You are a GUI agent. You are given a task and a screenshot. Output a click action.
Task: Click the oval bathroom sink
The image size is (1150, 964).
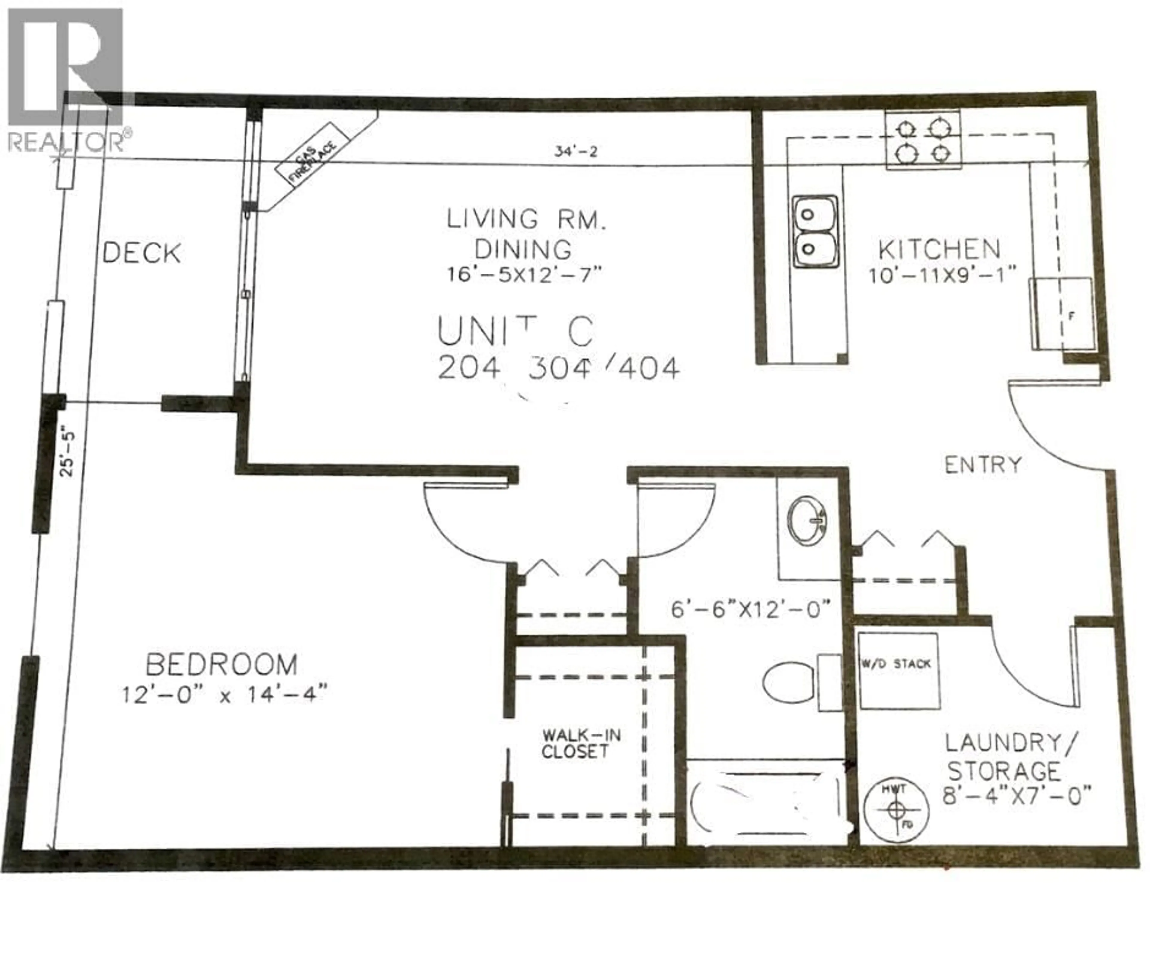[x=806, y=521]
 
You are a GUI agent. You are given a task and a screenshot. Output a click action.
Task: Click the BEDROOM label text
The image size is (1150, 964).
[x=222, y=665]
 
